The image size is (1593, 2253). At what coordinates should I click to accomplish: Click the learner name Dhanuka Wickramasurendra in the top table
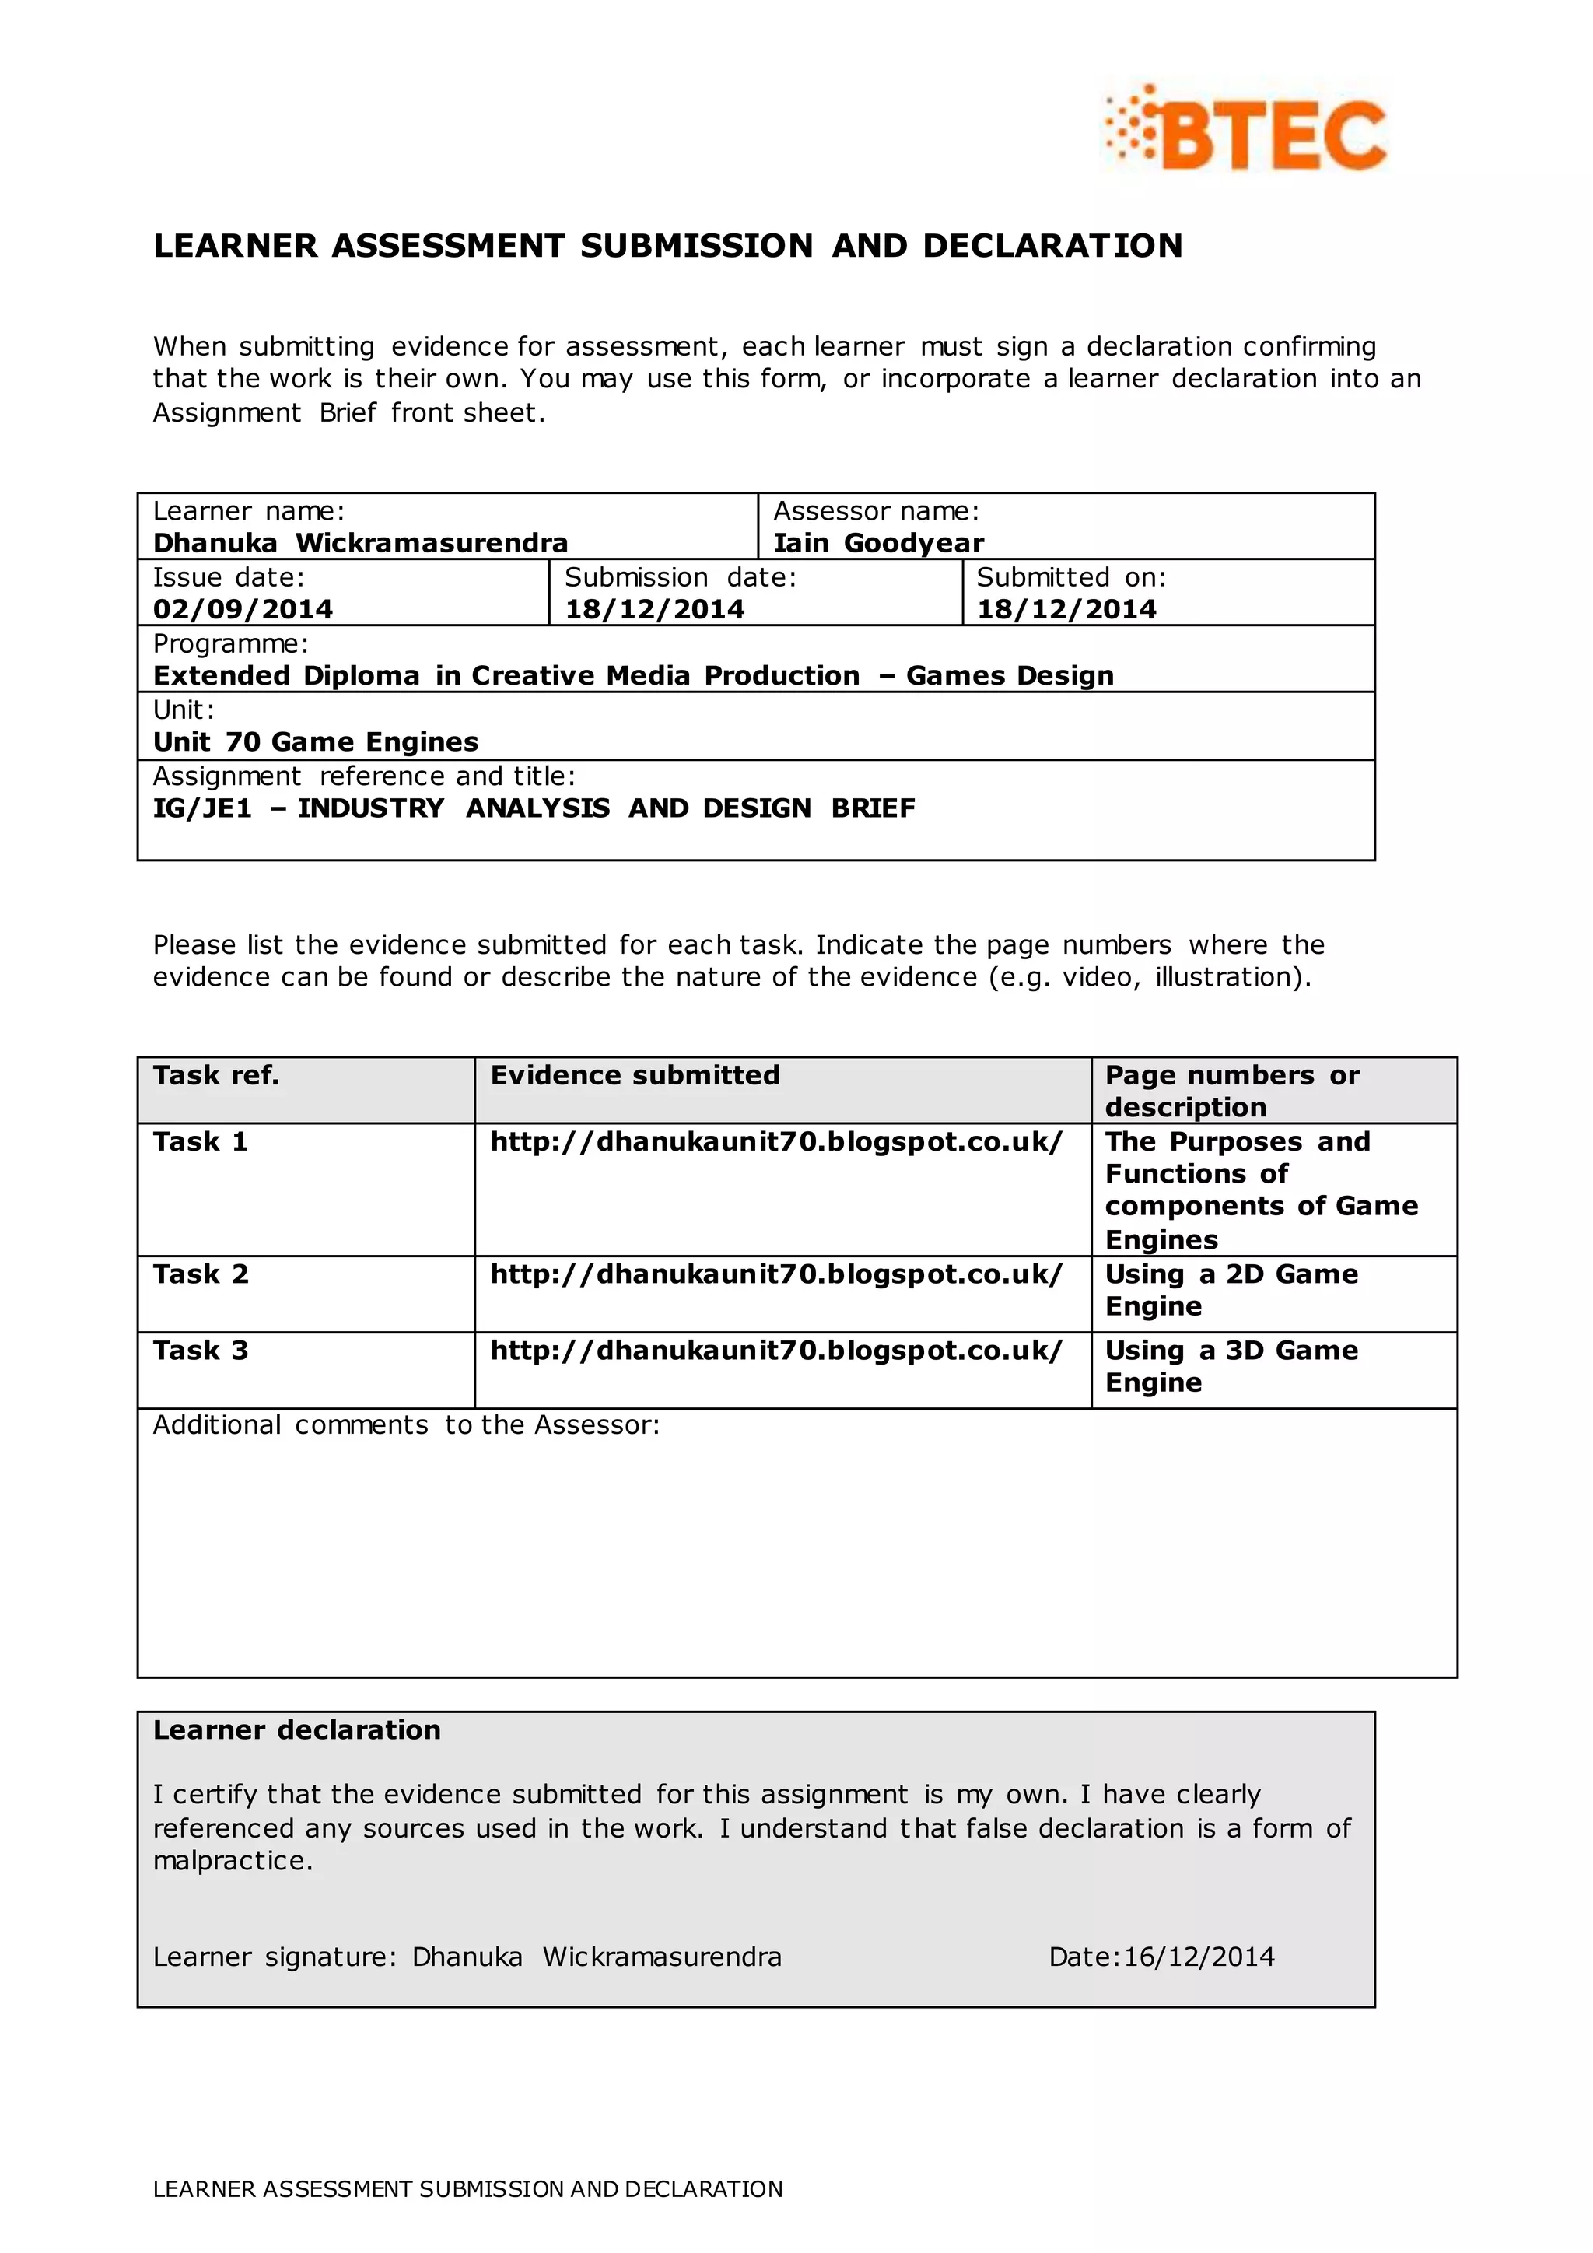pos(360,543)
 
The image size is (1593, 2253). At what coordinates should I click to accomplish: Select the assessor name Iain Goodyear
pos(878,543)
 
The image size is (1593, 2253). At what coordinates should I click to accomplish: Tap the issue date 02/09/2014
pos(242,609)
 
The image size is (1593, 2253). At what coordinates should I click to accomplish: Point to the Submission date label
pos(680,577)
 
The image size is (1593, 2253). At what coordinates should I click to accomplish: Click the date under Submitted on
pos(1066,609)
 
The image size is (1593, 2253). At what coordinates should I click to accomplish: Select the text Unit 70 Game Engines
pos(315,742)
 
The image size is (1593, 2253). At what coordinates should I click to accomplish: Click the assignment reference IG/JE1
pos(202,808)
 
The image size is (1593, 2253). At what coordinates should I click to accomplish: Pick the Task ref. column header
pos(215,1075)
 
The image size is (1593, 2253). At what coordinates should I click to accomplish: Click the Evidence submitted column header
pos(635,1075)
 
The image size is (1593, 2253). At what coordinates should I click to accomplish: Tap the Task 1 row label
pos(200,1141)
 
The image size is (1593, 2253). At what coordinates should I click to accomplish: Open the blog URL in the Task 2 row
pos(776,1274)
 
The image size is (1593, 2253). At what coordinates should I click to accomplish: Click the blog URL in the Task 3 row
pos(776,1351)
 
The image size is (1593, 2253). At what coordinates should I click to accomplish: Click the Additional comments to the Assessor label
pos(406,1424)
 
